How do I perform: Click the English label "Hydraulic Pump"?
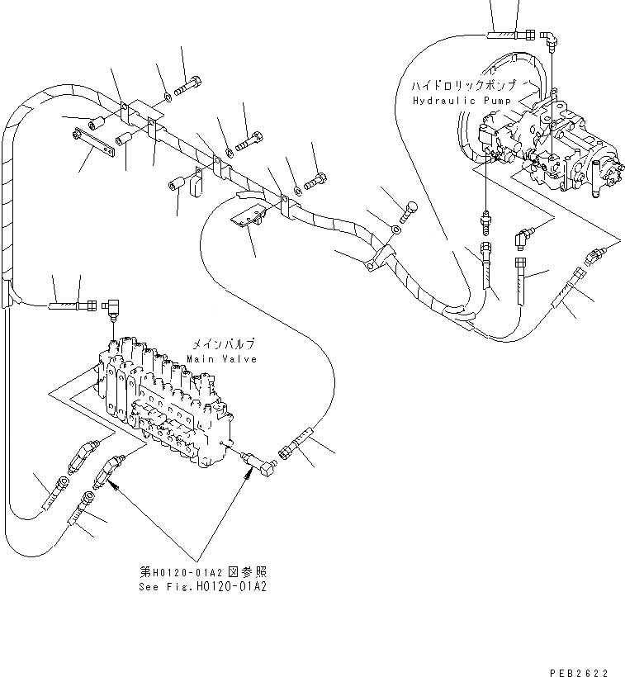pos(452,100)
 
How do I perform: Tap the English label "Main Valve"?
pos(221,359)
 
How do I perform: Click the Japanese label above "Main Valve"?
pos(223,344)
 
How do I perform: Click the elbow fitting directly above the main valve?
pos(114,307)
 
